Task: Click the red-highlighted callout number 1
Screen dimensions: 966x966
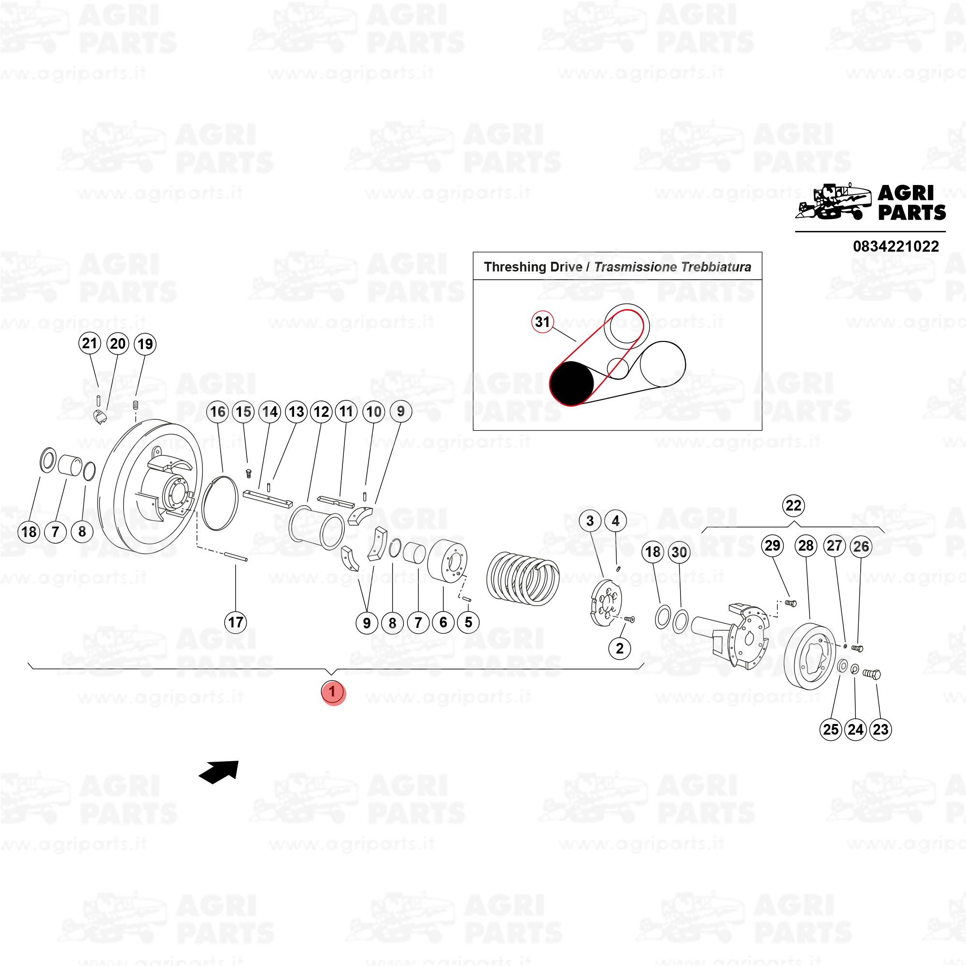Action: tap(333, 693)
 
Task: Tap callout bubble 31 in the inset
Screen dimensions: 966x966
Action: tap(542, 322)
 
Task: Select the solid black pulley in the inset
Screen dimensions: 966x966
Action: tap(571, 384)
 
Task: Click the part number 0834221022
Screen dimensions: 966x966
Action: tap(895, 246)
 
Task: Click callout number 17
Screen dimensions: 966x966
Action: tap(236, 623)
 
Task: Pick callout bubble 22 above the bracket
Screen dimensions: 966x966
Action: tap(794, 506)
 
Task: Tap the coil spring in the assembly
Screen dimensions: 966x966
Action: tap(523, 579)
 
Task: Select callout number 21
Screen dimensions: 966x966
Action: tap(89, 343)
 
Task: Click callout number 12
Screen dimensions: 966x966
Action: tap(321, 412)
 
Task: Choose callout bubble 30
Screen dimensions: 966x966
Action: tap(679, 552)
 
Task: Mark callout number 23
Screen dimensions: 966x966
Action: tap(881, 729)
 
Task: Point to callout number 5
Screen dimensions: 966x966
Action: tap(469, 623)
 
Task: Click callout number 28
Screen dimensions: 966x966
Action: tap(806, 545)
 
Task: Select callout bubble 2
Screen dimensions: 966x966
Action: tap(620, 649)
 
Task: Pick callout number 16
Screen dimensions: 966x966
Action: tap(218, 412)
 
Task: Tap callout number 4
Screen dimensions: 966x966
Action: tap(615, 521)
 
